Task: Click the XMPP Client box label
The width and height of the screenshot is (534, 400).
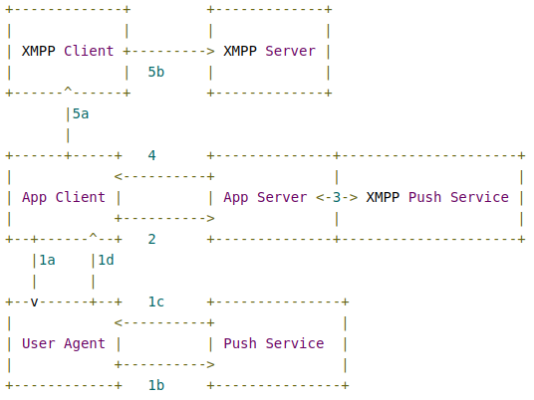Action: [x=68, y=51]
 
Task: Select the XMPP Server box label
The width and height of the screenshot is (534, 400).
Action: [x=269, y=51]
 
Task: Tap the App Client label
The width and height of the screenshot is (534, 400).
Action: [x=64, y=197]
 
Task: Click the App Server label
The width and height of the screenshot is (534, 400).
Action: [x=265, y=197]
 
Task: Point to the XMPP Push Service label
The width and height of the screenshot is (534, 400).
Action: [x=437, y=197]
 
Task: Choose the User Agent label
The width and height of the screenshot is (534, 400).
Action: [x=64, y=343]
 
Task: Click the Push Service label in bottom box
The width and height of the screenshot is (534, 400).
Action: [x=273, y=343]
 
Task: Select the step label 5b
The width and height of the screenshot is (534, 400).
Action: [x=155, y=72]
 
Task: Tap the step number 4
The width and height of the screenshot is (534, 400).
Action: [x=151, y=155]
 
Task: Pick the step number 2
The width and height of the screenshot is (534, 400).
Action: [x=151, y=239]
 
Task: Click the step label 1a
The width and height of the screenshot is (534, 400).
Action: [x=46, y=260]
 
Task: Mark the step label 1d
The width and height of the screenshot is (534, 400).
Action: [x=105, y=260]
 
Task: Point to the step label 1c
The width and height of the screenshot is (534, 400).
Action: [x=155, y=301]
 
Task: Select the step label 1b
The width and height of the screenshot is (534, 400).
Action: [x=155, y=385]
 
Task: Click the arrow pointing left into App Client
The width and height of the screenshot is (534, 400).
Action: [x=163, y=176]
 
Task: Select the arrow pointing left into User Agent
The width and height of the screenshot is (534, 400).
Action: [x=163, y=322]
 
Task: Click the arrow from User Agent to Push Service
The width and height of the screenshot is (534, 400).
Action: [x=163, y=364]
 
